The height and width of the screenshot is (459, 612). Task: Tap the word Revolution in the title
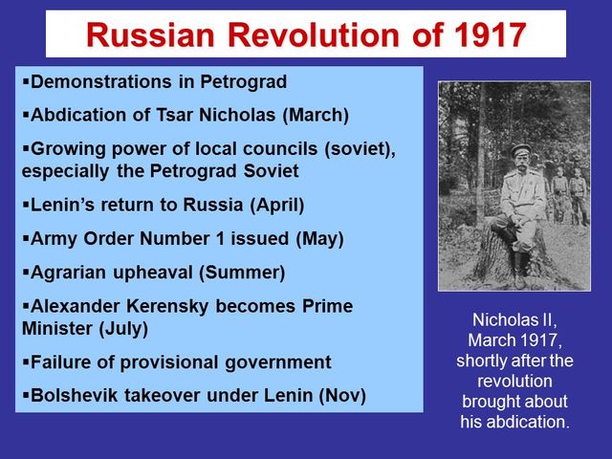point(304,35)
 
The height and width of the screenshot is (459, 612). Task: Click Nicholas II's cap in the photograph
point(520,150)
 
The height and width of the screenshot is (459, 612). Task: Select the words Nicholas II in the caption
point(514,320)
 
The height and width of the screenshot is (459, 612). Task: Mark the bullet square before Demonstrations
point(24,82)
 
